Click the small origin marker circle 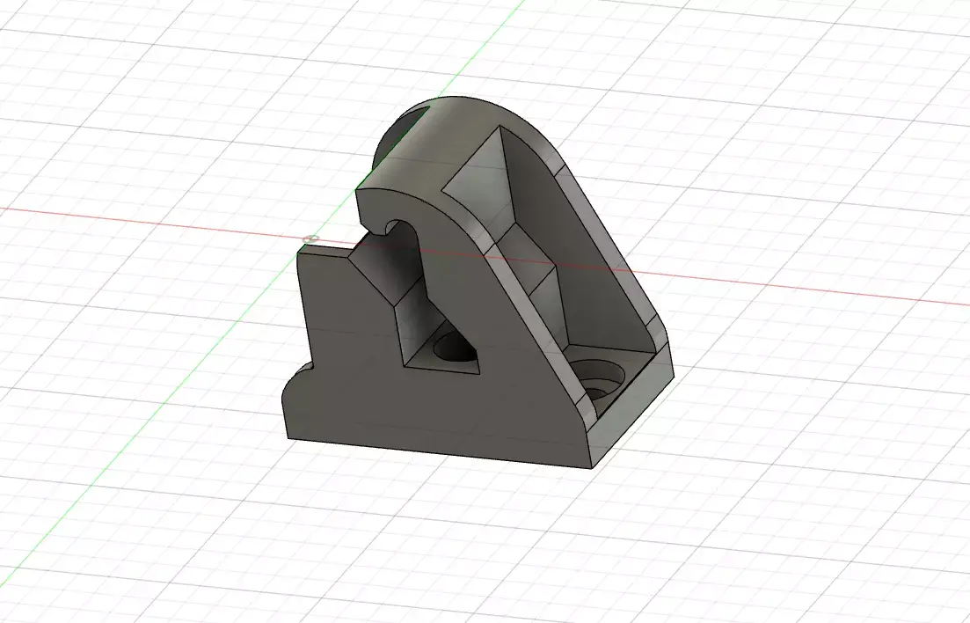tap(309, 238)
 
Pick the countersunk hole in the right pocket tap(602, 380)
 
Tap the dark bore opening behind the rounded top tap(400, 132)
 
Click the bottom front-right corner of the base tap(591, 467)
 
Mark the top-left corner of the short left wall tap(299, 249)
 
